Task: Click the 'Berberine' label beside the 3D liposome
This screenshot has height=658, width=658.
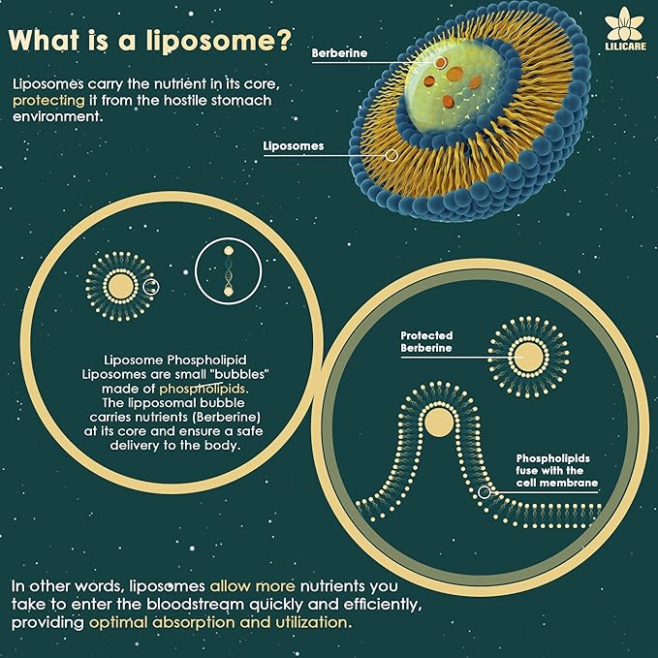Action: pos(339,53)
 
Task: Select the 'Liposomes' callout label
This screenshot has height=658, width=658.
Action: pos(294,145)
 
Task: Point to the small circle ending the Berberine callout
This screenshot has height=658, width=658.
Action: pos(440,63)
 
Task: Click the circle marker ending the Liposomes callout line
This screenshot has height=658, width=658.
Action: pos(392,155)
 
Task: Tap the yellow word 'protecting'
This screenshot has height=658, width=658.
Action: pos(48,101)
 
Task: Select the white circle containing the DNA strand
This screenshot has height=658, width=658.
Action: pos(229,270)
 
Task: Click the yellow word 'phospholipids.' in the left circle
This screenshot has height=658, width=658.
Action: pos(204,389)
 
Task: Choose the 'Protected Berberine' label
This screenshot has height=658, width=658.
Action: pos(426,341)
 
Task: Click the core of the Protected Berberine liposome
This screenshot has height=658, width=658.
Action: pos(528,357)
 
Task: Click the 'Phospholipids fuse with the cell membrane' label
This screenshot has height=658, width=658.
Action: pos(556,470)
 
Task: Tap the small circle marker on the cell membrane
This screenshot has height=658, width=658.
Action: pos(485,492)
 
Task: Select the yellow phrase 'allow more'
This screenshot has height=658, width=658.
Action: pos(252,585)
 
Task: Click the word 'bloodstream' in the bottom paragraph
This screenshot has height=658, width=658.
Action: pos(195,604)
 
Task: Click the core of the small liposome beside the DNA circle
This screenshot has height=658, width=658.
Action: pos(121,287)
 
